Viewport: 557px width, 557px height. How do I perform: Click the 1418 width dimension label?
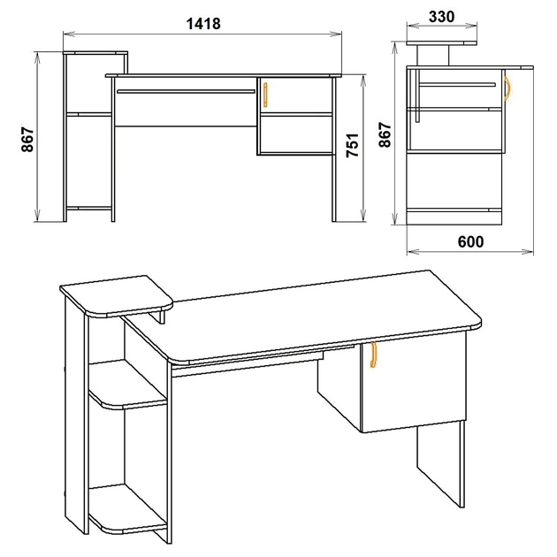point(203,24)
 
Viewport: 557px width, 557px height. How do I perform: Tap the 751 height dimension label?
point(353,145)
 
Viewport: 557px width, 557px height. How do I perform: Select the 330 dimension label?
point(441,17)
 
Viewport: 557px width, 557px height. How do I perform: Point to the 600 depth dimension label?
point(470,241)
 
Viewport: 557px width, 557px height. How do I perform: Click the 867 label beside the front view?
point(27,140)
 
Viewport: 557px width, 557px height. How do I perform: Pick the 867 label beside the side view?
point(385,134)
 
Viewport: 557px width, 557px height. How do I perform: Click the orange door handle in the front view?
point(265,95)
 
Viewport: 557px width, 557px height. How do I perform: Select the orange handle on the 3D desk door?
point(372,355)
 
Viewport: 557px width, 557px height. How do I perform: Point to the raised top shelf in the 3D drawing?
point(117,295)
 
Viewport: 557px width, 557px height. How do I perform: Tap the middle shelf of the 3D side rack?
point(128,385)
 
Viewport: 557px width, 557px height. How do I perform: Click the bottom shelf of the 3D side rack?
point(128,508)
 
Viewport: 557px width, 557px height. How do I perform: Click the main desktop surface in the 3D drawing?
point(302,317)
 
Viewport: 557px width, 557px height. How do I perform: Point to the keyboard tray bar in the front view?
point(186,92)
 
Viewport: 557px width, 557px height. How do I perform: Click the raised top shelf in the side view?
point(441,43)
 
